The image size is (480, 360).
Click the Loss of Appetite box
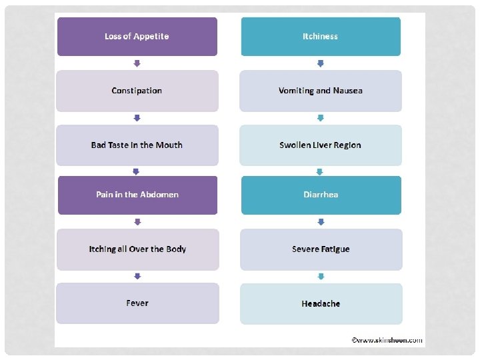point(137,37)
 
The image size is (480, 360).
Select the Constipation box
point(137,91)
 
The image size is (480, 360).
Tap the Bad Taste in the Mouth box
point(137,145)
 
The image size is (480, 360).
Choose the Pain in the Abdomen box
point(137,195)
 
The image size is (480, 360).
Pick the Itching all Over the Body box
point(137,249)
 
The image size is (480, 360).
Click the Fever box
point(137,303)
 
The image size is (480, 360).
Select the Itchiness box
point(321,37)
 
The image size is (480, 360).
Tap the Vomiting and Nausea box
point(321,91)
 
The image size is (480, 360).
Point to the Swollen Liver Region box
point(321,145)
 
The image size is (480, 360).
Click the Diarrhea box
point(321,195)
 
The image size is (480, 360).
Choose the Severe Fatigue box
point(321,249)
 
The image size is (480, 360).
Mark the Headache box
point(321,304)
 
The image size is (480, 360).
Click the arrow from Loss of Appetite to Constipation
point(137,63)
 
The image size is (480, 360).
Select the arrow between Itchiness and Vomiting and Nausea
point(321,63)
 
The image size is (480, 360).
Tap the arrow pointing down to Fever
point(137,276)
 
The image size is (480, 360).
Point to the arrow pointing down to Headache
point(321,276)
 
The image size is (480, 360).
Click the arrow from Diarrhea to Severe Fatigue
point(321,221)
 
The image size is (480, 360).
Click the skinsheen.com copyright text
point(387,340)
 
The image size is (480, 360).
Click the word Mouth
point(169,145)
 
